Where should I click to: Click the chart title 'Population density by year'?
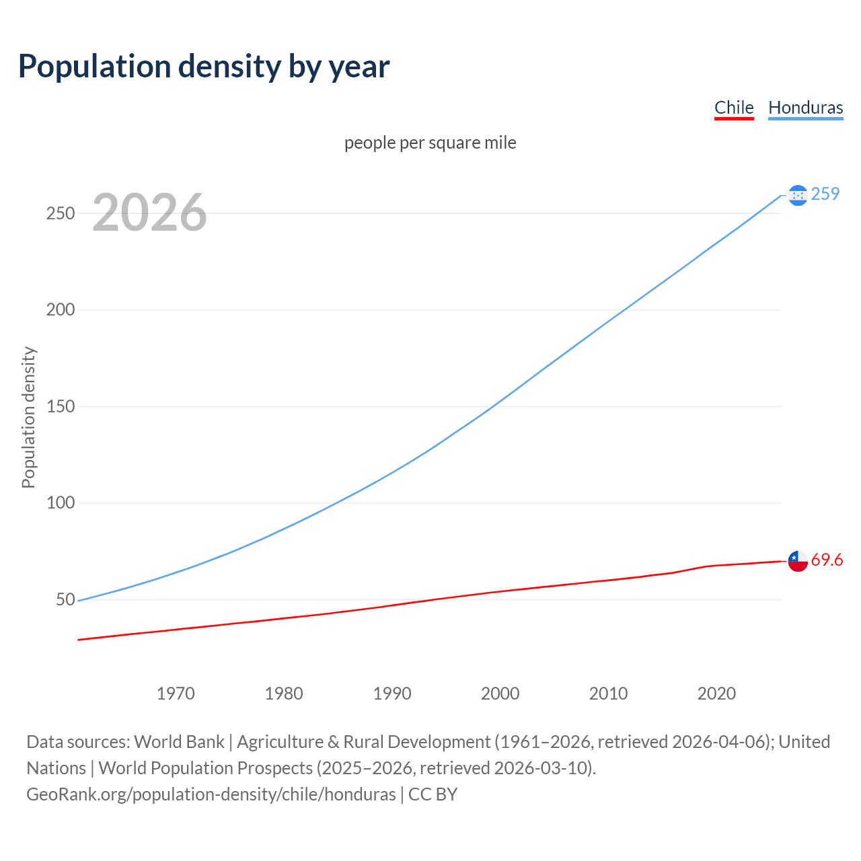coord(204,67)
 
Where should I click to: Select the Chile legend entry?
coord(734,108)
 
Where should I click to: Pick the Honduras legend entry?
coord(805,108)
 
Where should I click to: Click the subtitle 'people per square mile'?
coord(430,143)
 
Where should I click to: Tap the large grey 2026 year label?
coord(149,213)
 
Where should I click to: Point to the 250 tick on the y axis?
coord(61,213)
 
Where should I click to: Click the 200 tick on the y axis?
coord(61,310)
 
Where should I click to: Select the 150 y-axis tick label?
coord(61,406)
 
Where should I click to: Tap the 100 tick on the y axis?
coord(61,503)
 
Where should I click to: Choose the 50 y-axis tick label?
coord(65,599)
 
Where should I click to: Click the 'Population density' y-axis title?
coord(28,417)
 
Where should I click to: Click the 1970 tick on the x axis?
coord(176,694)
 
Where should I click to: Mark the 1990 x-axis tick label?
coord(392,694)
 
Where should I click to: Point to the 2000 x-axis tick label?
coord(500,694)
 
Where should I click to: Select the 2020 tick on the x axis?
coord(716,694)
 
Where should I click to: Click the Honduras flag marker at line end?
coord(798,195)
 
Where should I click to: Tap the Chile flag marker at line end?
coord(798,561)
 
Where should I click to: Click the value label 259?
coord(825,194)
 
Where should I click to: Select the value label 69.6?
coord(827,560)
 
